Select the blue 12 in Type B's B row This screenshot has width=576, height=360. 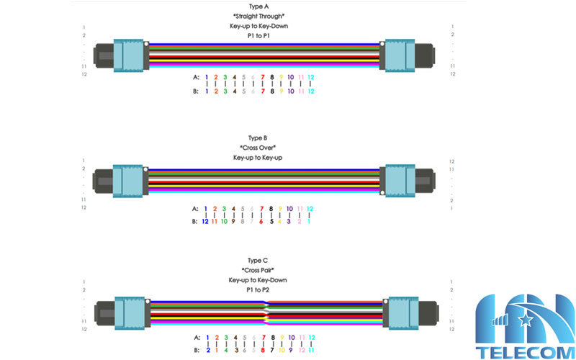point(206,221)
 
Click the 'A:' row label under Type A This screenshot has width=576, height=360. point(197,77)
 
